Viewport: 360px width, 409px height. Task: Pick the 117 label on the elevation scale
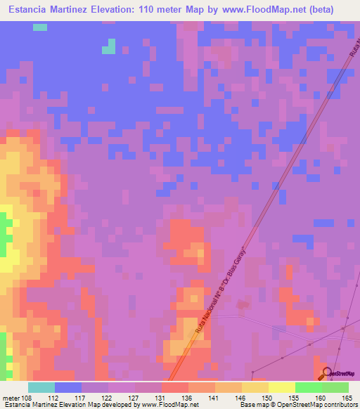tap(83, 398)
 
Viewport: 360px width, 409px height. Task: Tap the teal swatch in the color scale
tap(41, 387)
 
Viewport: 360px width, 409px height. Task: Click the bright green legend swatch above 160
tap(308, 387)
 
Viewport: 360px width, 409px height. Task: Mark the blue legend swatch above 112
tap(68, 387)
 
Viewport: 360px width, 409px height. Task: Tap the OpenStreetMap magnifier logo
tap(327, 373)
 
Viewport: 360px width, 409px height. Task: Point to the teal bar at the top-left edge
tap(40, 27)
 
